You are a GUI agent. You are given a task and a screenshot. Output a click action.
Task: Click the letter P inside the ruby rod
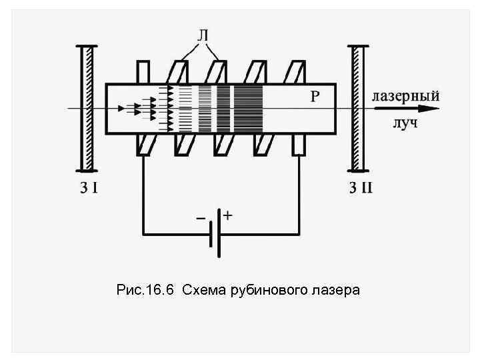[315, 97]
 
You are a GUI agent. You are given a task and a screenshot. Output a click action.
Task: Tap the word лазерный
[405, 96]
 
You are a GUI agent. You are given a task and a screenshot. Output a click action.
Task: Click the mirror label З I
[87, 188]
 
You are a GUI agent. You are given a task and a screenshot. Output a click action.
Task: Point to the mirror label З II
[361, 188]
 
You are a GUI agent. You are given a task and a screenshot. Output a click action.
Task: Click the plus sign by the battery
[227, 216]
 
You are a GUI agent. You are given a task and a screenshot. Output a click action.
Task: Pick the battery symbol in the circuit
[214, 233]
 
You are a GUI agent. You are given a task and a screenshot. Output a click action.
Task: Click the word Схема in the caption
[203, 290]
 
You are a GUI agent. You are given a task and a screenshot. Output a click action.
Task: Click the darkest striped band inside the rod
[248, 108]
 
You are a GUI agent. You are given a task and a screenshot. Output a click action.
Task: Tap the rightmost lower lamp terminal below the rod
[298, 145]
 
